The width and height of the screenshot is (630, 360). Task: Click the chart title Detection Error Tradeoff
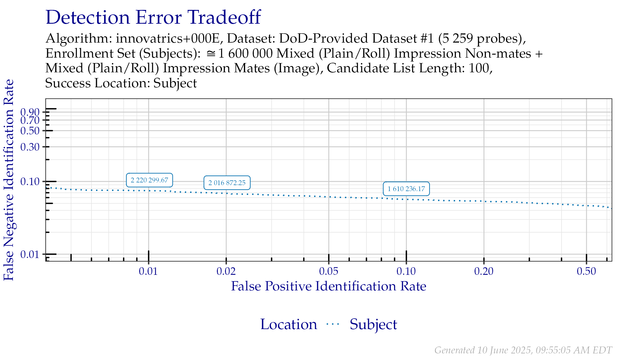coord(153,17)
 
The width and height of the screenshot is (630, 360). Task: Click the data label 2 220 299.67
coord(149,180)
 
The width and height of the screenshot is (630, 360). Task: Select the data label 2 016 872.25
coord(227,183)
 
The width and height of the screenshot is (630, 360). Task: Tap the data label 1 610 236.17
coord(406,189)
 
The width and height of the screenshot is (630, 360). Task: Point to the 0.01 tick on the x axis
coord(148,271)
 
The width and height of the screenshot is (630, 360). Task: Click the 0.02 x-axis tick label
coord(226,271)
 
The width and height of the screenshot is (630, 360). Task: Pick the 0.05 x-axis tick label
coord(329,271)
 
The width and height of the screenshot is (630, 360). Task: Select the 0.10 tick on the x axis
coord(406,271)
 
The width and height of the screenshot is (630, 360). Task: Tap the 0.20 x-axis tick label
coord(484,271)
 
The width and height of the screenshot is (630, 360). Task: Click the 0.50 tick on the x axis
coord(586,271)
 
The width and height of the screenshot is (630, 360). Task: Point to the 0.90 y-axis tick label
coord(30,112)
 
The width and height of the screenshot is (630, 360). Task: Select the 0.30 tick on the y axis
coord(30,147)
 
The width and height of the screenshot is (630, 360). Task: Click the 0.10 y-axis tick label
coord(30,181)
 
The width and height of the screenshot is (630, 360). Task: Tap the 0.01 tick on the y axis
coord(30,255)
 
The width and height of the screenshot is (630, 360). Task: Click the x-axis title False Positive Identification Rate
coord(329,286)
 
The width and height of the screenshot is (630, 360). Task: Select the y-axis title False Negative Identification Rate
coord(9,180)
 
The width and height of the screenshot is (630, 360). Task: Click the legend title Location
coord(289,325)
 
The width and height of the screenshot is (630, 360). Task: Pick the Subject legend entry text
coord(373,325)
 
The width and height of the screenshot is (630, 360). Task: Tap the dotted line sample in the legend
coord(333,324)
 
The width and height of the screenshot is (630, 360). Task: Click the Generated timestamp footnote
coord(523,350)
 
